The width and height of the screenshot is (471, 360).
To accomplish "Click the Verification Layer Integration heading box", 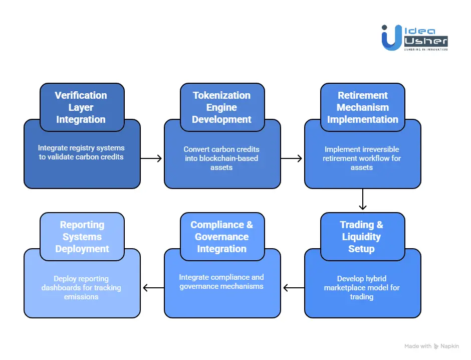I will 82,107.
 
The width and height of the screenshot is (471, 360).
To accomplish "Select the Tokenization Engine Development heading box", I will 222,107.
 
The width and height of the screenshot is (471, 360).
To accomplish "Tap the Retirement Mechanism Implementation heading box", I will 362,107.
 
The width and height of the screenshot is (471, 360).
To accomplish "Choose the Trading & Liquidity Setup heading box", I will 362,237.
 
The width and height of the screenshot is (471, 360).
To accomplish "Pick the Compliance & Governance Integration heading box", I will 222,237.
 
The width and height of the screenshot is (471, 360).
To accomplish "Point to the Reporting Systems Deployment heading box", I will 82,237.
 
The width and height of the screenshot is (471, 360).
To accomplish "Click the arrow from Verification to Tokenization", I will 152,158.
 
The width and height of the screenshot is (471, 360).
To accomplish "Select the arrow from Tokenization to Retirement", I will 292,158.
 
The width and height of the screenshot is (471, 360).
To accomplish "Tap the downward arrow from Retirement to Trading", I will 363,200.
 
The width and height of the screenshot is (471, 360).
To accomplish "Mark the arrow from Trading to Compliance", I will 293,288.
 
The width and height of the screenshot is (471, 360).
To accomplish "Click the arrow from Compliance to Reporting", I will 153,288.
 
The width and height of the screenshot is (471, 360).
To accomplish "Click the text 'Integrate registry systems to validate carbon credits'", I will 81,153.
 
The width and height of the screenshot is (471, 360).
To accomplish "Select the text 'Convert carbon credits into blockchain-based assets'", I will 221,158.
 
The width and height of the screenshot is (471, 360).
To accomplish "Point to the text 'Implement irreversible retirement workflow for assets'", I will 362,158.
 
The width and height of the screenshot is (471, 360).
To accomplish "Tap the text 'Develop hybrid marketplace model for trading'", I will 362,287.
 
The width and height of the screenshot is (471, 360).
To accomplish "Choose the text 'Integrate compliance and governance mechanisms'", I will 221,282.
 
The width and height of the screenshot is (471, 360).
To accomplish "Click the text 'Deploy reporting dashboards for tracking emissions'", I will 81,287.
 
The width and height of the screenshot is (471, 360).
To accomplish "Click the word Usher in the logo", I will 425,42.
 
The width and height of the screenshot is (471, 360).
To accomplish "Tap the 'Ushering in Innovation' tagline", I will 425,49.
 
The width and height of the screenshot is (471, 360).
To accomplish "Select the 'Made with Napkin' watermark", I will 432,346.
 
